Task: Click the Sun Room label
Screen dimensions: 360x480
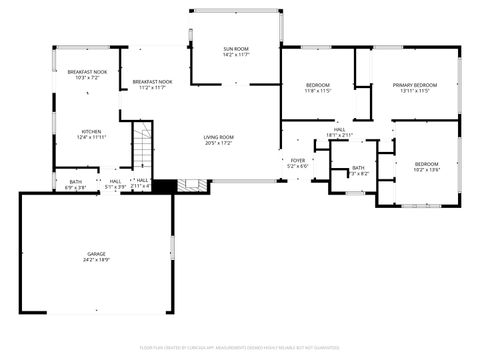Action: [235, 48]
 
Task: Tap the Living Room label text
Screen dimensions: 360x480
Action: [218, 137]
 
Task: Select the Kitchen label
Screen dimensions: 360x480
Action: [92, 131]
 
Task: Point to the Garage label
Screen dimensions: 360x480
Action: [96, 254]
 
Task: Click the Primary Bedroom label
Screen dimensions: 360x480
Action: [414, 85]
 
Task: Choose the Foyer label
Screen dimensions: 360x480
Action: [297, 160]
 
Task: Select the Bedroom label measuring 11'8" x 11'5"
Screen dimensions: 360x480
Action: [317, 85]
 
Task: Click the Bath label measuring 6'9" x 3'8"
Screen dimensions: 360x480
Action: [75, 181]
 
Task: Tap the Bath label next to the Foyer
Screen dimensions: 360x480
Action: [358, 167]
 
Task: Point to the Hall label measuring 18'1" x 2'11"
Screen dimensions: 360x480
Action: [340, 130]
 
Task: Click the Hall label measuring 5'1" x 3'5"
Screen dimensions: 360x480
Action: [115, 181]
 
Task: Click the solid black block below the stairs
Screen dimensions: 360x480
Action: [165, 185]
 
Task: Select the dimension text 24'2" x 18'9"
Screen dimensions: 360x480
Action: [96, 260]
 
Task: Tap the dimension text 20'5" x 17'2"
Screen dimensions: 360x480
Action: [218, 143]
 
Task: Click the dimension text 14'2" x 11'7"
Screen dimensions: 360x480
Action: [235, 54]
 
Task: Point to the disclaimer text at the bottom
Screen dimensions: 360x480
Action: [240, 346]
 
